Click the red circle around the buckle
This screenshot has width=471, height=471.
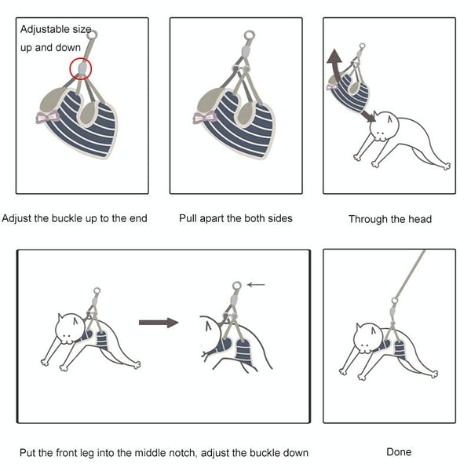click(x=70, y=69)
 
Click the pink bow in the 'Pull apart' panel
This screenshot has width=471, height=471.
click(x=205, y=117)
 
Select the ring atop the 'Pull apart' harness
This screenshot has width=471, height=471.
click(x=250, y=35)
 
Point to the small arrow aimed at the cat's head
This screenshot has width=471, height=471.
click(x=368, y=115)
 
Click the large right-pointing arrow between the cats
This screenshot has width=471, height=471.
click(x=159, y=323)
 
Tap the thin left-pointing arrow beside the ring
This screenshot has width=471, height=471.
click(x=256, y=285)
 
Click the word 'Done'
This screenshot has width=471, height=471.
click(x=399, y=452)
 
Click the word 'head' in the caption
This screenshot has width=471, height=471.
click(x=420, y=219)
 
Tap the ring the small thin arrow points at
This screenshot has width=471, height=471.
click(x=237, y=286)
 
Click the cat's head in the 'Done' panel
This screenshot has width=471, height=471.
click(x=369, y=338)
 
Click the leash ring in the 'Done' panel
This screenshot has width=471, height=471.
click(x=394, y=301)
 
